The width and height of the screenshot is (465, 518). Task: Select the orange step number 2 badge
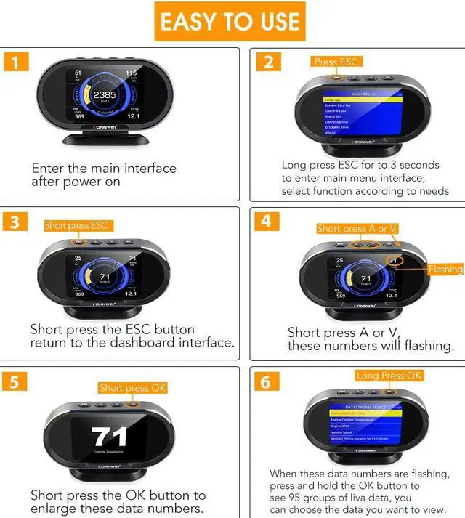[268, 62]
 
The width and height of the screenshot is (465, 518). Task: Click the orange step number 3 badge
[16, 222]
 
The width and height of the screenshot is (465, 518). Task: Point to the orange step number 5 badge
[16, 381]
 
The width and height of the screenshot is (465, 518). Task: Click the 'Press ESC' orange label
[337, 62]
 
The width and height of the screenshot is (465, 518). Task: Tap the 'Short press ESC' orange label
[76, 226]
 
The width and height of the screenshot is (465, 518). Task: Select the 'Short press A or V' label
[357, 229]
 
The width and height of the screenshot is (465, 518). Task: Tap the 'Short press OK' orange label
[132, 388]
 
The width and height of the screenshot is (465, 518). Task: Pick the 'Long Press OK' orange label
[389, 376]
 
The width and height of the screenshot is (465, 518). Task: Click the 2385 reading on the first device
[104, 95]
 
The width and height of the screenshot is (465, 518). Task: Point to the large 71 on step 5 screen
[109, 437]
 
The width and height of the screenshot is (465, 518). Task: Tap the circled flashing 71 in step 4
[393, 260]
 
